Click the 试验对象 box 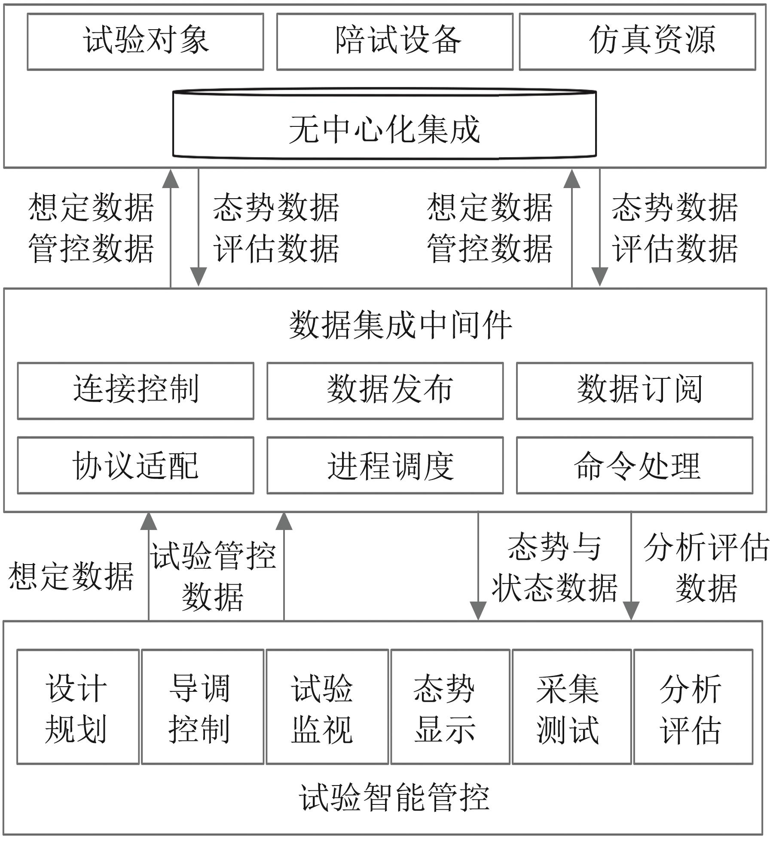coord(145,42)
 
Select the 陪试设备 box coord(395,42)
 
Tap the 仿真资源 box coord(638,42)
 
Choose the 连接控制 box coord(136,391)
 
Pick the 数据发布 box coord(385,391)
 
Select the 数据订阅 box coord(635,391)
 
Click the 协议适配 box coord(136,466)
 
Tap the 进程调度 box coord(385,466)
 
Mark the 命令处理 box coord(635,466)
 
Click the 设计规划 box coord(78,707)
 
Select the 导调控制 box coord(203,707)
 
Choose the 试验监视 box coord(327,707)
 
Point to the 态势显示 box coord(450,707)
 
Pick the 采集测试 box coord(572,707)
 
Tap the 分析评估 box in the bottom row coord(694,707)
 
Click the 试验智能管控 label coord(394,798)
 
